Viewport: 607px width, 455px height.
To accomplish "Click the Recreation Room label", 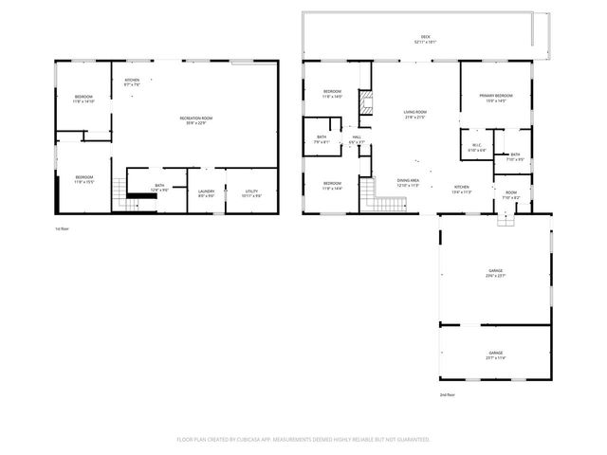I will pos(196,118).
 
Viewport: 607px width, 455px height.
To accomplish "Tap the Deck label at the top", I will pos(425,40).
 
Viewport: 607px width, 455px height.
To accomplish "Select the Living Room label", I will pos(415,115).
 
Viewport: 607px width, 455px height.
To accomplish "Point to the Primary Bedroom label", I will pos(496,97).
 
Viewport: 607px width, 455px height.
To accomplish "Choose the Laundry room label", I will pos(206,193).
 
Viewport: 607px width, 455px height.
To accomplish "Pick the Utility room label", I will pos(251,193).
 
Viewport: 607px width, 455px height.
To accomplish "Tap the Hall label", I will pos(357,139).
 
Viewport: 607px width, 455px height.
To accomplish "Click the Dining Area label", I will pos(409,182).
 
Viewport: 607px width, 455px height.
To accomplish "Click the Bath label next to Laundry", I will pos(159,187).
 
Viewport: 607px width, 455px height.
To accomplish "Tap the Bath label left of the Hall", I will pos(322,139).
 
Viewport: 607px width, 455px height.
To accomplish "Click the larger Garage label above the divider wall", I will pos(495,272).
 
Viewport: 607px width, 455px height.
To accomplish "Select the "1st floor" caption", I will pos(63,229).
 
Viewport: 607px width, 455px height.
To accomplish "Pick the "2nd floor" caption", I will pos(447,394).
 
